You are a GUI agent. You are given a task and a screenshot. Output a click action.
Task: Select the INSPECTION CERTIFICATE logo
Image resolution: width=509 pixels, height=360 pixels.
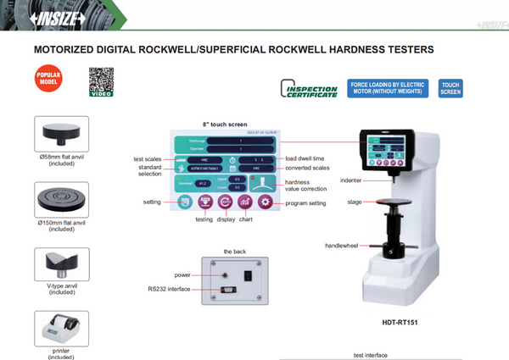click(x=310, y=89)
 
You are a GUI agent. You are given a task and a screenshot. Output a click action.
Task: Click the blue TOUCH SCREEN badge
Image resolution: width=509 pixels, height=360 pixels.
click(x=451, y=89)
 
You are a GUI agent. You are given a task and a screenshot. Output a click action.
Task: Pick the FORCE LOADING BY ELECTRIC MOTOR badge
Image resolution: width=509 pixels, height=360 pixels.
click(x=387, y=89)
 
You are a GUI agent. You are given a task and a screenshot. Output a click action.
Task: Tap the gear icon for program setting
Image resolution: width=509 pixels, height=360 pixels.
click(x=265, y=202)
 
